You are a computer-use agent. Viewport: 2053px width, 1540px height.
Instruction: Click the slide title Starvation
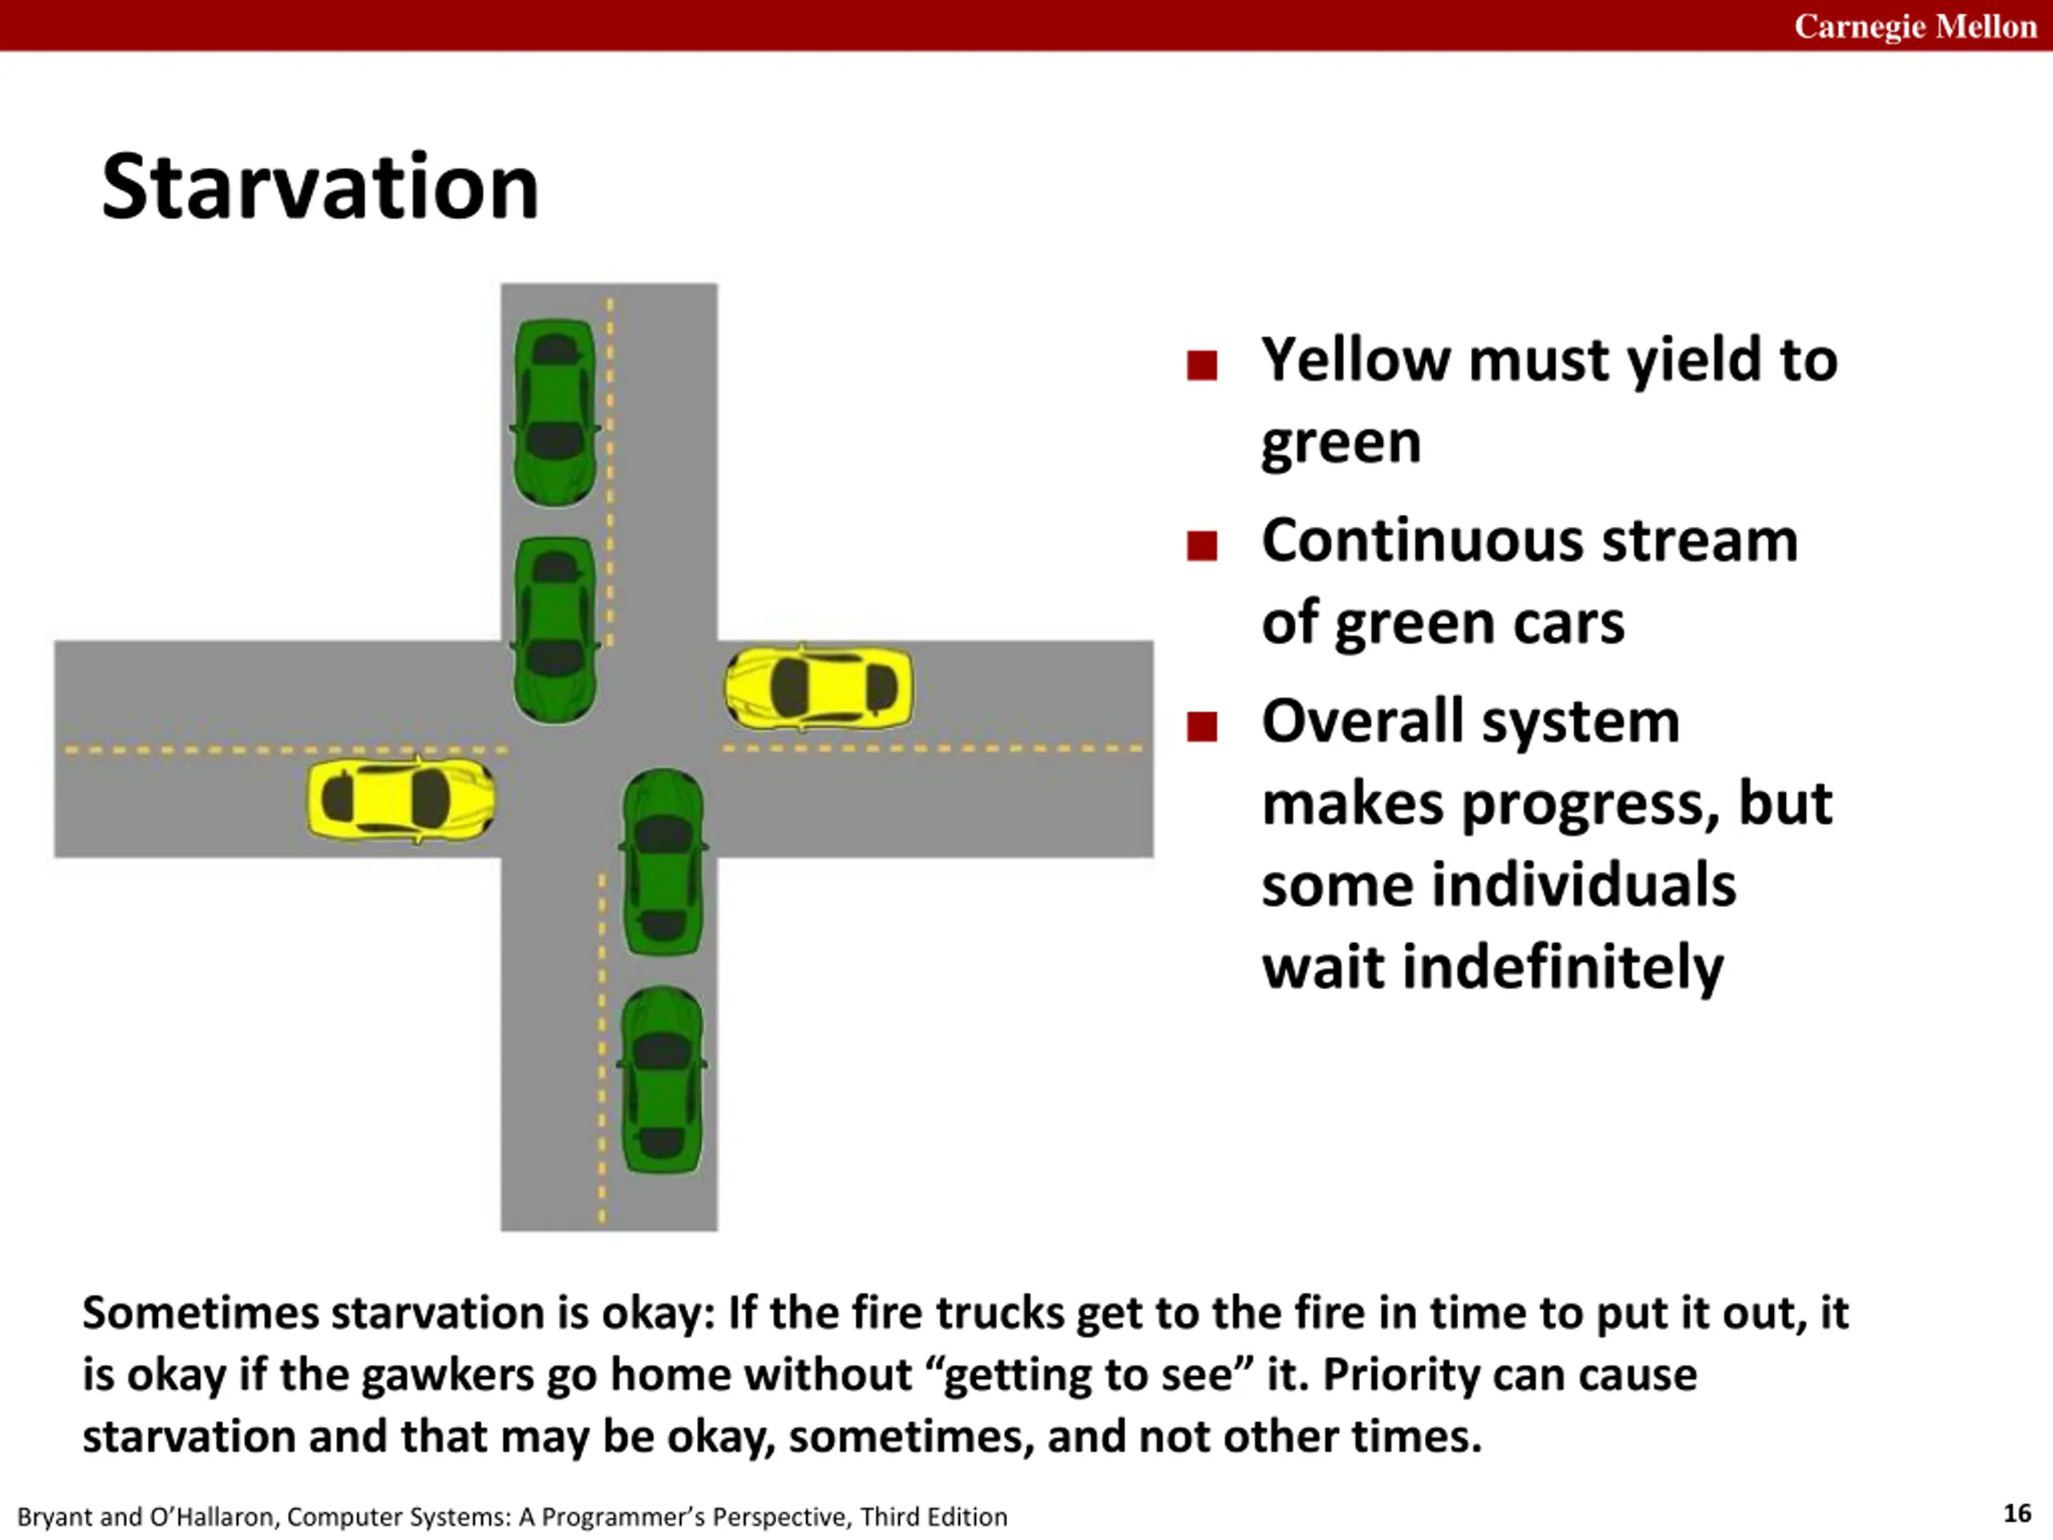pos(319,188)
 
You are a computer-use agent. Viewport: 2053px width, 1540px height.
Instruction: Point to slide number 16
pos(2017,1513)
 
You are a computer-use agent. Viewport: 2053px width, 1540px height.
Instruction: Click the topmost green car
pos(555,412)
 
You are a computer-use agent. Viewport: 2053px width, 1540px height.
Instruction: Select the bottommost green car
pos(662,1080)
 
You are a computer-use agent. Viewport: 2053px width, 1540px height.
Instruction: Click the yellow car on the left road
pos(401,800)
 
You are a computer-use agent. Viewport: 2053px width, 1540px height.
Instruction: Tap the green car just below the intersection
pos(662,861)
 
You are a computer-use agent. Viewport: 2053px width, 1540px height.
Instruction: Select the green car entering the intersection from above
pos(555,630)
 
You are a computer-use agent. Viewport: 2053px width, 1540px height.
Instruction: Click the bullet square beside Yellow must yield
pos(1201,365)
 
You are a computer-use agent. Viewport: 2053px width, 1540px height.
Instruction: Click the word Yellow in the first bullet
pos(1354,360)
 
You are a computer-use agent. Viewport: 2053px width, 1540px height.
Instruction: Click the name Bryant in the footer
pos(55,1517)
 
